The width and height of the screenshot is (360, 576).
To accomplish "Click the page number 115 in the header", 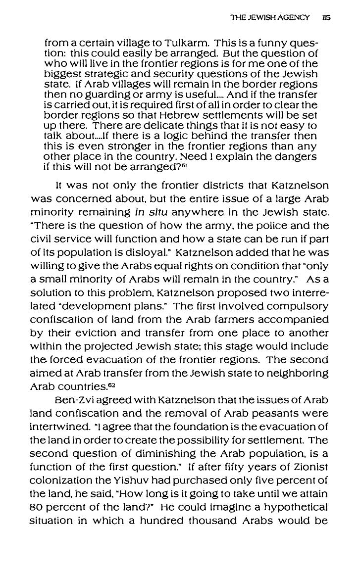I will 325,16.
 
